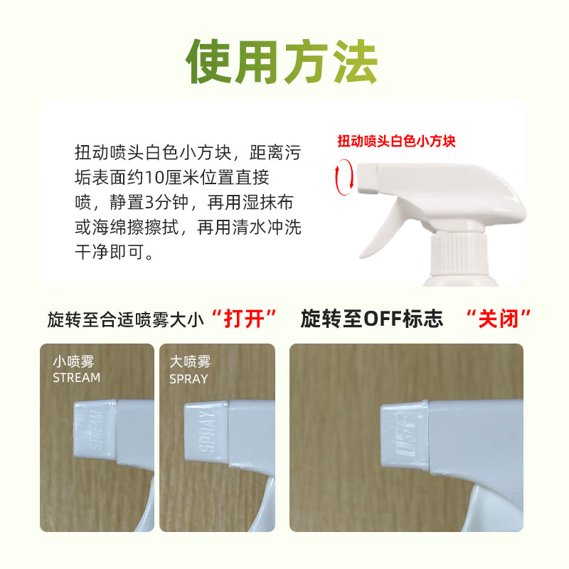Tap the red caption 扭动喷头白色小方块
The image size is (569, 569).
396,141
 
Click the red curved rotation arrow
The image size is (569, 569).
344,176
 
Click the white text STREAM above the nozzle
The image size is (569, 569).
77,378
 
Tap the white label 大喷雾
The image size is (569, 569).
191,361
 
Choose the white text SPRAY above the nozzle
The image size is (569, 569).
189,379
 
